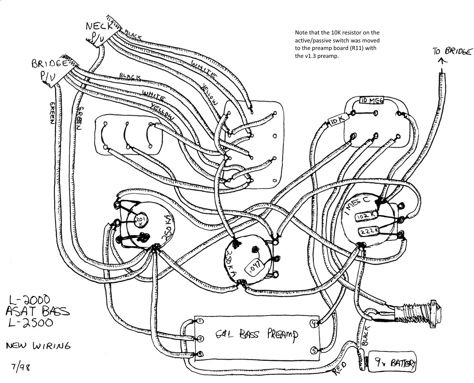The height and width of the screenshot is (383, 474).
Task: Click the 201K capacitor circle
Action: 140,220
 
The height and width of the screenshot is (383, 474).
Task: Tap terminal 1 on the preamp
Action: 200,320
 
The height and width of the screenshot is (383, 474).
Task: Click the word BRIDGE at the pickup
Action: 49,64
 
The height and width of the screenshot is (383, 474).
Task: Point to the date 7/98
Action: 20,367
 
